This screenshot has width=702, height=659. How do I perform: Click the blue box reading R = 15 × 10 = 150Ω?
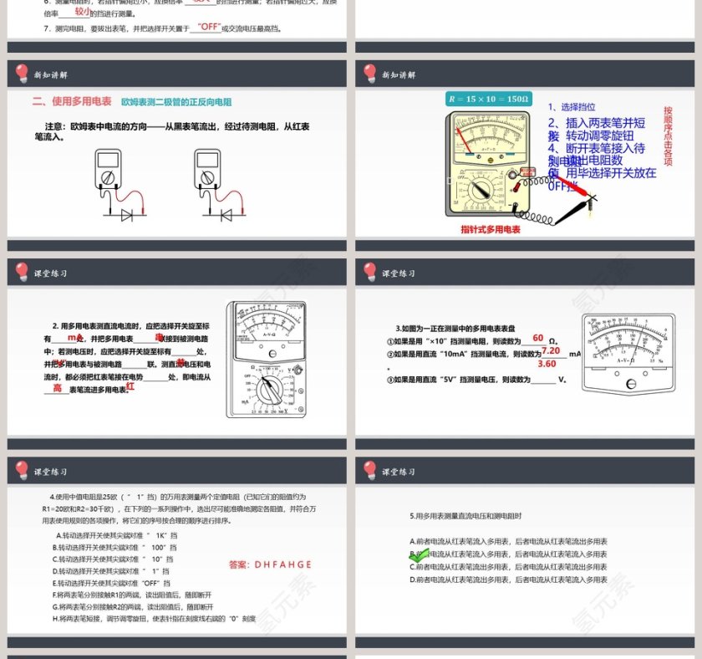(x=489, y=100)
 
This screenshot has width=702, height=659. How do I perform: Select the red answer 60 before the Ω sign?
(x=538, y=338)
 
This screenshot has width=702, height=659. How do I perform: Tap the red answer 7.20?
(x=551, y=351)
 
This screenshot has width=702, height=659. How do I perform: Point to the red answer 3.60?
(x=547, y=364)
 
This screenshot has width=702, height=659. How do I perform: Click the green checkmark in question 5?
(x=419, y=554)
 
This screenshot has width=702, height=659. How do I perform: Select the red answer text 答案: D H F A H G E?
(x=270, y=564)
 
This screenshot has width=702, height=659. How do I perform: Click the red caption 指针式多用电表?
(x=491, y=228)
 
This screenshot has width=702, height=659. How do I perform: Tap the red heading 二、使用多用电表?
(x=72, y=101)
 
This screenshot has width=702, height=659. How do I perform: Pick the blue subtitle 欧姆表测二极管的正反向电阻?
(x=176, y=102)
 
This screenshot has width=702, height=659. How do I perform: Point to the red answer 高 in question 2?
(x=58, y=388)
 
